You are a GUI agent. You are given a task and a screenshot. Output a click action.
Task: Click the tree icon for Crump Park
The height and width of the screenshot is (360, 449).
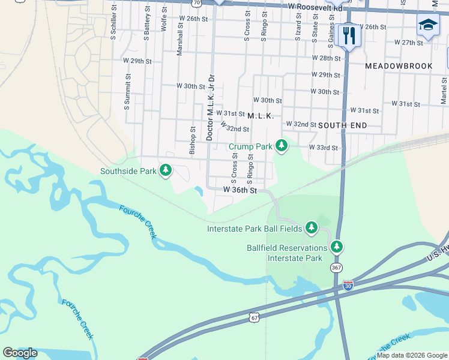point(281,146)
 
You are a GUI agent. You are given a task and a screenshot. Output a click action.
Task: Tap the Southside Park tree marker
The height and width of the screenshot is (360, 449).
point(166,171)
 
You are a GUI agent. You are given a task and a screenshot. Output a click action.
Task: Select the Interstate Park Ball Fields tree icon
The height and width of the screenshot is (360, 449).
point(311,228)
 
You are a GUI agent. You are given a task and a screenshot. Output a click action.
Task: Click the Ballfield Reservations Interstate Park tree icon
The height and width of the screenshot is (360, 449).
point(337,247)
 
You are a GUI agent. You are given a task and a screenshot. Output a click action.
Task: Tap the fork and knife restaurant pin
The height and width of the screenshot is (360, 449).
point(348,35)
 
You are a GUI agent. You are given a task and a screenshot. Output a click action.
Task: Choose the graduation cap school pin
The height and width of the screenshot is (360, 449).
point(427,26)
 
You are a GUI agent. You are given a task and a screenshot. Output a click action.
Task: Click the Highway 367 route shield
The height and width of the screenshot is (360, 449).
point(337,267)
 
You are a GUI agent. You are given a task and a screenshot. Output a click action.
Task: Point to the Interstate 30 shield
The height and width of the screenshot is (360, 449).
point(349,285)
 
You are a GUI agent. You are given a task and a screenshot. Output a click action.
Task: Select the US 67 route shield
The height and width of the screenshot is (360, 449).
point(255,317)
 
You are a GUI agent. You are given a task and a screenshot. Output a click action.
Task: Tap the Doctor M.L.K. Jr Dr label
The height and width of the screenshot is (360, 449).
point(210,107)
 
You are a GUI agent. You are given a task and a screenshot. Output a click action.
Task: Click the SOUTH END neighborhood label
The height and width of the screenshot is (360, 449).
point(342,125)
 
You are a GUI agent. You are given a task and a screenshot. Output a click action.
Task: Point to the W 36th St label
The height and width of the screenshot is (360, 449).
point(240,190)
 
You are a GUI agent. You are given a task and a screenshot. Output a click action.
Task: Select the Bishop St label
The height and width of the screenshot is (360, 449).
point(193,141)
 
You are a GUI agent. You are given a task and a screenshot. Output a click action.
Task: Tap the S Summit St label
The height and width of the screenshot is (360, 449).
point(127,92)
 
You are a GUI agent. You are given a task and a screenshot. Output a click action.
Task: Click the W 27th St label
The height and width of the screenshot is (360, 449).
point(409,43)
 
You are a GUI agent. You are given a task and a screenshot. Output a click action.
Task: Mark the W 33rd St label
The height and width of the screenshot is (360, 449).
point(324,147)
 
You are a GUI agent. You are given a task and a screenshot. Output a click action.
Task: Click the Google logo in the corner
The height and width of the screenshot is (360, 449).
point(20,353)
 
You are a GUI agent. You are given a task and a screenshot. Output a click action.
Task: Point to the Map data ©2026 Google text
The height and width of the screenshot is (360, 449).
point(411,355)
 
